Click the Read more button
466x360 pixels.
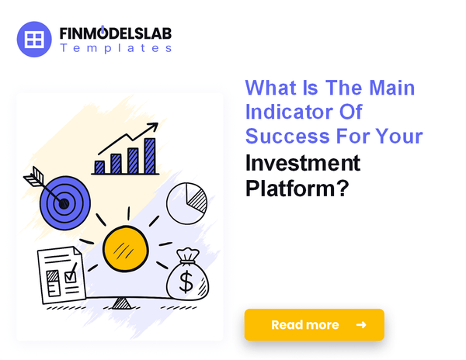click(x=314, y=324)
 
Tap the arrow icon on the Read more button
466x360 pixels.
click(x=360, y=324)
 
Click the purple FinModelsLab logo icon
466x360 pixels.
click(x=33, y=39)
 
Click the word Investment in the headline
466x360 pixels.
click(x=302, y=163)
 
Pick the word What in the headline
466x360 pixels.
click(x=272, y=87)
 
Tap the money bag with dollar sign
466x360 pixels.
click(x=186, y=275)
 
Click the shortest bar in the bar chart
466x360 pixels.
click(x=99, y=167)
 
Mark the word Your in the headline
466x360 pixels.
click(x=402, y=137)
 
